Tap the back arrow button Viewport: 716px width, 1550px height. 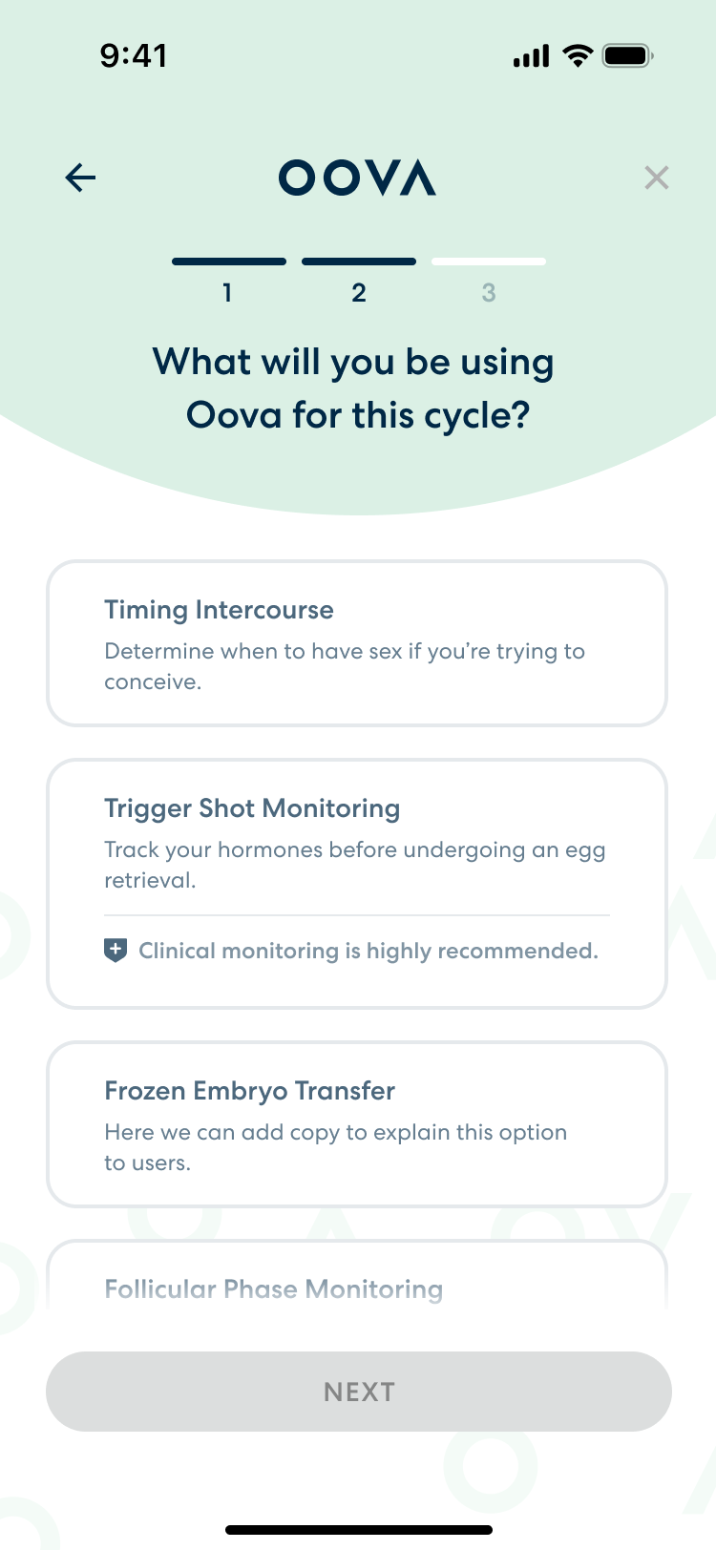pyautogui.click(x=81, y=178)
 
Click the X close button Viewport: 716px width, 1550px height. pyautogui.click(x=657, y=178)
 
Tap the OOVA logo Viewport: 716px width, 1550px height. pyautogui.click(x=357, y=178)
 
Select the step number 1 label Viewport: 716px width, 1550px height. pyautogui.click(x=227, y=293)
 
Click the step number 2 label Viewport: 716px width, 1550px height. pyautogui.click(x=359, y=293)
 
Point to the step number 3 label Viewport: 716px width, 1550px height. pyautogui.click(x=489, y=293)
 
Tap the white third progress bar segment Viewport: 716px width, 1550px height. pyautogui.click(x=489, y=262)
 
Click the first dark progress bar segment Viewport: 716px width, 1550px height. pyautogui.click(x=229, y=262)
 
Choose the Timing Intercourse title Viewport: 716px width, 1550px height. pyautogui.click(x=219, y=610)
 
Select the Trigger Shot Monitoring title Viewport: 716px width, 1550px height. pyautogui.click(x=252, y=808)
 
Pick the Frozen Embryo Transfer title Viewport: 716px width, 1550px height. pyautogui.click(x=249, y=1091)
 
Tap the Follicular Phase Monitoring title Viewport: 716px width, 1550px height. pyautogui.click(x=273, y=1289)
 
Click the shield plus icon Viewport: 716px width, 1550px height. pyautogui.click(x=116, y=951)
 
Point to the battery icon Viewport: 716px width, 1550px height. pyautogui.click(x=627, y=56)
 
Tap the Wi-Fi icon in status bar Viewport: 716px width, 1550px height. pyautogui.click(x=577, y=55)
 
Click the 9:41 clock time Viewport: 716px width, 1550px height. pyautogui.click(x=134, y=56)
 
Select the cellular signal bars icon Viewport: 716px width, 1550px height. pyautogui.click(x=531, y=56)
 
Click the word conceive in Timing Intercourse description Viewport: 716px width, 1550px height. pyautogui.click(x=151, y=682)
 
